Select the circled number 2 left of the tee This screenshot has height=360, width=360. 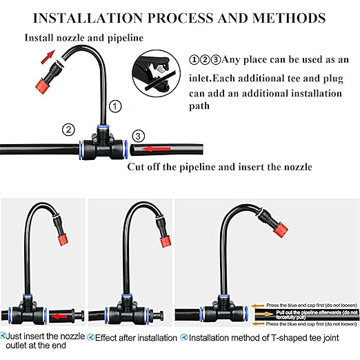(68, 129)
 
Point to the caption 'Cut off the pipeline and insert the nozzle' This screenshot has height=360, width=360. (220, 167)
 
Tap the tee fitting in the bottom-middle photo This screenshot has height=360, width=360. (128, 312)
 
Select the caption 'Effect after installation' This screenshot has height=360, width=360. (137, 338)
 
